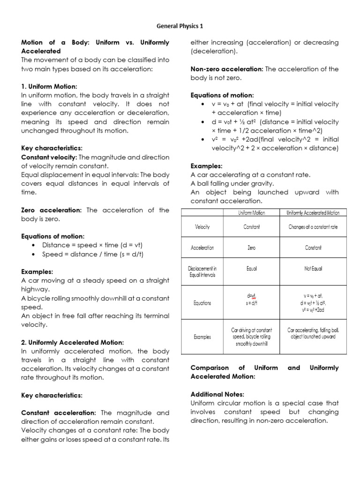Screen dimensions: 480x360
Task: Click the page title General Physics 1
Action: [x=180, y=26]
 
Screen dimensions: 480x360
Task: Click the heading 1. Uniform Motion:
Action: [x=49, y=86]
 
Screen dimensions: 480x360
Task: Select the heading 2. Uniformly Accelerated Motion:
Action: [x=73, y=342]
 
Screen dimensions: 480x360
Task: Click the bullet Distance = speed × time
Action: [x=92, y=245]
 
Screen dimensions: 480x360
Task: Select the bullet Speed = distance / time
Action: [x=92, y=254]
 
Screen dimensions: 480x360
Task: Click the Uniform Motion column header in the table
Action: [x=252, y=213]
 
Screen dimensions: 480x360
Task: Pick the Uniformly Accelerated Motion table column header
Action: [x=313, y=213]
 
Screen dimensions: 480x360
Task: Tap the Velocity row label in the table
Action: [x=202, y=227]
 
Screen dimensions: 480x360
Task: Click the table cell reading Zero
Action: [x=252, y=247]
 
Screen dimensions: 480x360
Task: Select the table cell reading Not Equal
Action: [x=313, y=269]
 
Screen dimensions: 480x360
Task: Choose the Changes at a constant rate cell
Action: [x=313, y=227]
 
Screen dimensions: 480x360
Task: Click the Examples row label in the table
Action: [x=202, y=337]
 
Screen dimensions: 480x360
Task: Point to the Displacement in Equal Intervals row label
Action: [x=202, y=272]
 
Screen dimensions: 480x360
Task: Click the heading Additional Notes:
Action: [x=217, y=394]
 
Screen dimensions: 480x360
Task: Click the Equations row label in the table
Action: [x=202, y=303]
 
